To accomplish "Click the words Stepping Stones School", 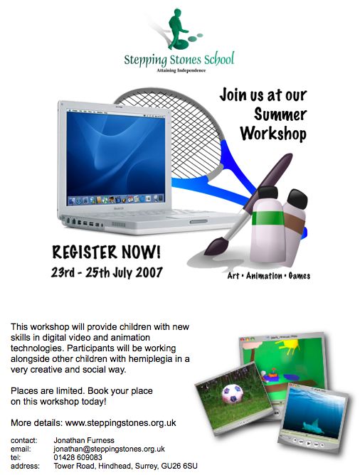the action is [179, 59].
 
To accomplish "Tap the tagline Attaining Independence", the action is [181, 70].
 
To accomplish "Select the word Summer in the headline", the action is [280, 114].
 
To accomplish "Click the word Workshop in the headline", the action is [273, 134].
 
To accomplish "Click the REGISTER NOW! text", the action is [106, 252].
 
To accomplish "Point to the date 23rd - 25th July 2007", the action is [107, 272].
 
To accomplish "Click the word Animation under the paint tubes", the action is [264, 276].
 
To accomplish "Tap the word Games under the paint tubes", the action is [299, 276].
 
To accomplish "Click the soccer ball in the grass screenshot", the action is [233, 394].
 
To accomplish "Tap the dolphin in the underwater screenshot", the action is [313, 427].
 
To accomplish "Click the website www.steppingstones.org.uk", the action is [121, 422].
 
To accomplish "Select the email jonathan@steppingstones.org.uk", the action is [109, 449].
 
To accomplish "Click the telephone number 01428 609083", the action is [78, 457].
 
